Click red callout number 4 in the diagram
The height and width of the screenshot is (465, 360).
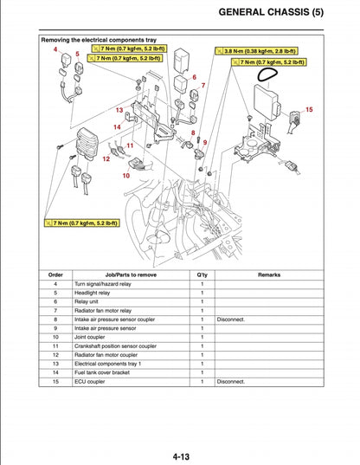click(x=55, y=49)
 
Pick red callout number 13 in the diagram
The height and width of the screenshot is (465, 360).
click(x=119, y=111)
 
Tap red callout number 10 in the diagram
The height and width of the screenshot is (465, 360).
click(x=125, y=175)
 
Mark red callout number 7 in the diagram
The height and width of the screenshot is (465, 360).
click(x=203, y=86)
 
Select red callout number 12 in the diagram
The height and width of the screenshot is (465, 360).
click(x=106, y=158)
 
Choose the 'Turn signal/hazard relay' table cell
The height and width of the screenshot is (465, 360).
click(x=107, y=284)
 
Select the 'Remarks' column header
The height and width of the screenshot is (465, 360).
click(x=268, y=274)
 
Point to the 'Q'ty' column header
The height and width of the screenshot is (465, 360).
click(x=202, y=274)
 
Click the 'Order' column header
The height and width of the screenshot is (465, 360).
click(x=55, y=274)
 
